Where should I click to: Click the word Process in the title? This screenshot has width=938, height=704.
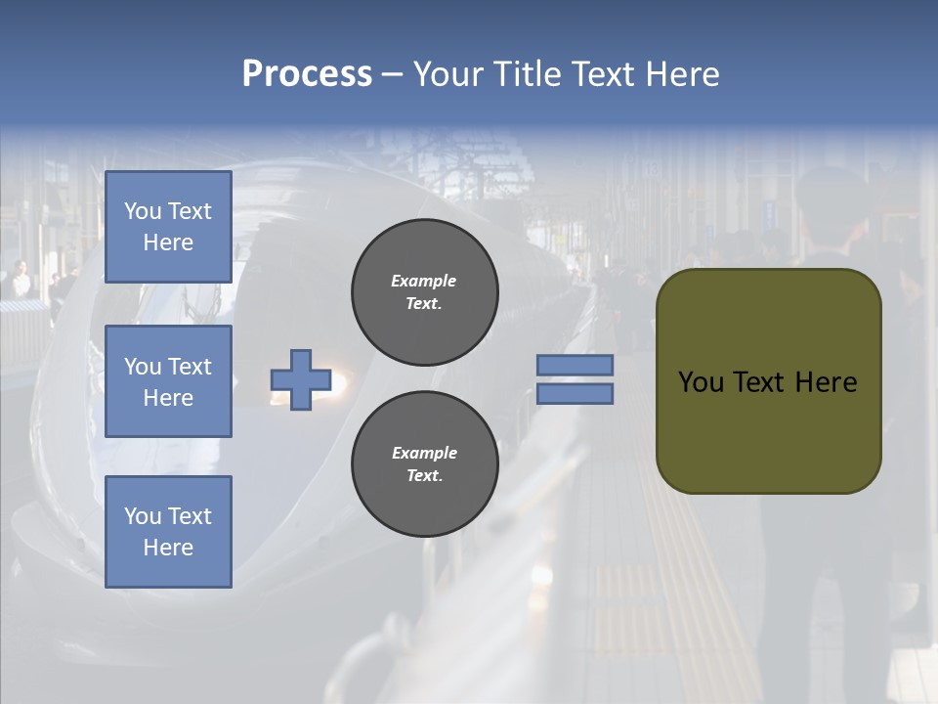click(307, 73)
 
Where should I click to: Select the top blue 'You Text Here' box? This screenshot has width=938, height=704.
click(168, 227)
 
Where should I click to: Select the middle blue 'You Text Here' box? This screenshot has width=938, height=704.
click(168, 381)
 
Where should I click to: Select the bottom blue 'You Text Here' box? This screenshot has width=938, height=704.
click(168, 531)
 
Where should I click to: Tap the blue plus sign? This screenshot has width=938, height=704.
click(301, 379)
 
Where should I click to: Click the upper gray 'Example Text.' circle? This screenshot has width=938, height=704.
click(424, 292)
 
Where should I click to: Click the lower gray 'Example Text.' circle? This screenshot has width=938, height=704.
click(424, 464)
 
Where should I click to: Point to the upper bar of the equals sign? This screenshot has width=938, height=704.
click(575, 365)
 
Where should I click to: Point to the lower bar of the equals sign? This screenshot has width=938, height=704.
click(575, 393)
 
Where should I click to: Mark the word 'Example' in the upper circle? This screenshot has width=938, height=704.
click(424, 281)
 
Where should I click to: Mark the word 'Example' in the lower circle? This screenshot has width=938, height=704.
click(424, 453)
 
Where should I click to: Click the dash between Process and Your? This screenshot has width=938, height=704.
click(392, 75)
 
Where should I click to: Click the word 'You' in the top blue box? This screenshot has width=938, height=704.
click(143, 211)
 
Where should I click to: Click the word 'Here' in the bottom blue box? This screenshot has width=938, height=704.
click(168, 548)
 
